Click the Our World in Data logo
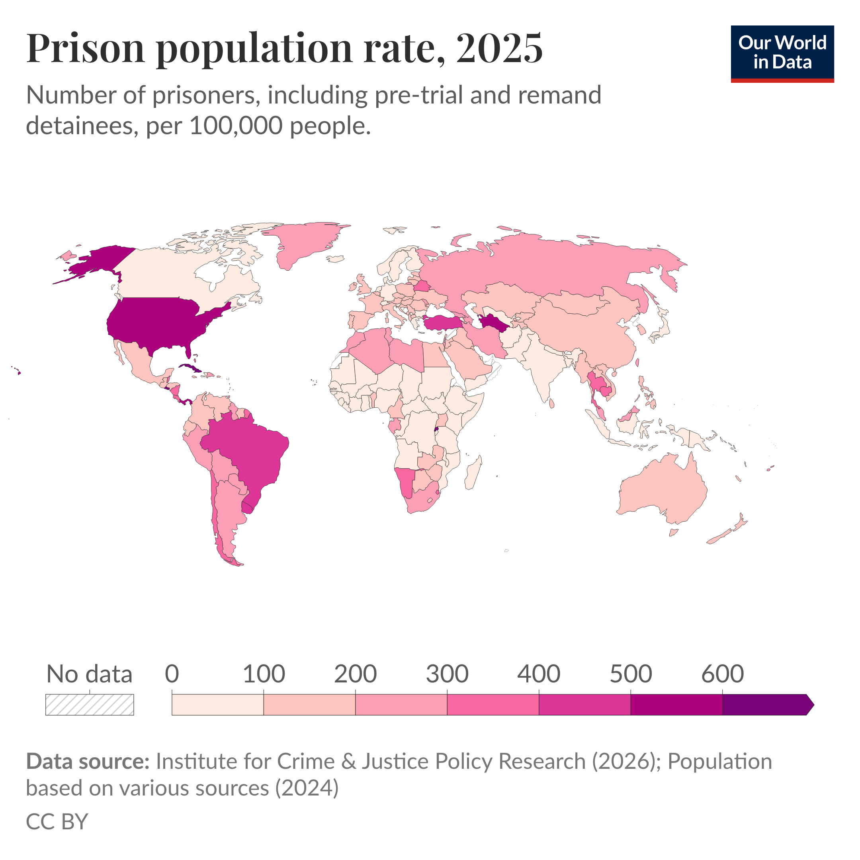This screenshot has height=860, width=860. pyautogui.click(x=782, y=53)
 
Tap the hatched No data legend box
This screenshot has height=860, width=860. pyautogui.click(x=90, y=705)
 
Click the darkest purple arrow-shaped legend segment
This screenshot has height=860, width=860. pyautogui.click(x=766, y=705)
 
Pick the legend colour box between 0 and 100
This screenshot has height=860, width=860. pyautogui.click(x=217, y=705)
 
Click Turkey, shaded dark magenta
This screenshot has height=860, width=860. pyautogui.click(x=443, y=322)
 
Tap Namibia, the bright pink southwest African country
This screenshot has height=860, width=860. pyautogui.click(x=405, y=481)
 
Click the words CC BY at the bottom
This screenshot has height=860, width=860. pyautogui.click(x=57, y=821)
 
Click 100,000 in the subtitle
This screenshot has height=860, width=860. pyautogui.click(x=236, y=126)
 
